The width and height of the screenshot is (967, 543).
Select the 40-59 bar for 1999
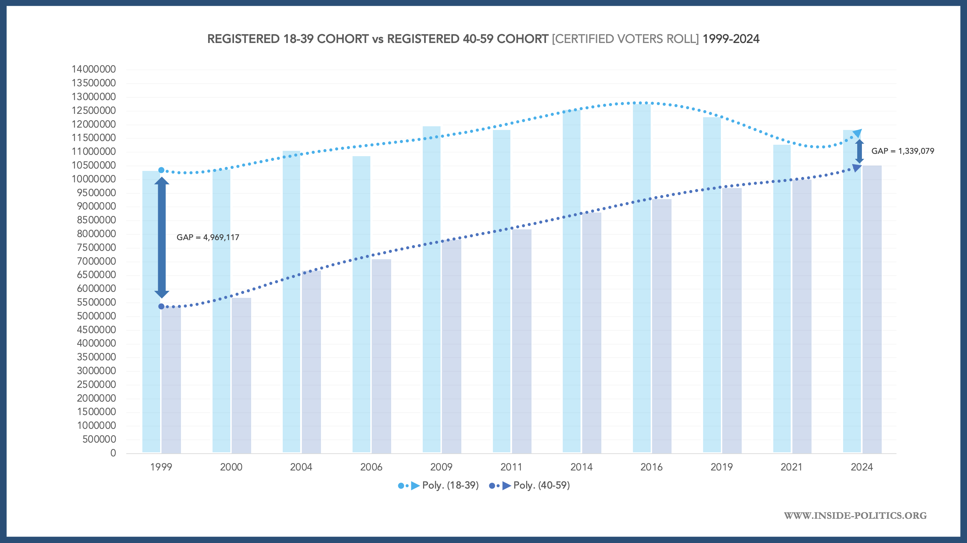point(171,379)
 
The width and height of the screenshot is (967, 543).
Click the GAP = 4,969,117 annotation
point(208,237)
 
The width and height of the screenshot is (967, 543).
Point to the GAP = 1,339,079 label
point(903,151)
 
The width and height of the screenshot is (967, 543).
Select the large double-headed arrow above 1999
point(162,237)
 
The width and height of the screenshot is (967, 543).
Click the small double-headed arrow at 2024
point(860,151)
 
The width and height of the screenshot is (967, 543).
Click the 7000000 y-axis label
point(96,261)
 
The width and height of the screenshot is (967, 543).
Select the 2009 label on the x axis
point(441,467)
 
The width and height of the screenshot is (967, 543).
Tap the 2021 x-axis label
point(791,467)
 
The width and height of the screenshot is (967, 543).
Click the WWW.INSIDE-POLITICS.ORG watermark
point(855,515)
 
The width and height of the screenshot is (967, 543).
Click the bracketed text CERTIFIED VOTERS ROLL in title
point(625,39)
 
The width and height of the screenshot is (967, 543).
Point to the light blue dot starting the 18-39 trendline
point(162,170)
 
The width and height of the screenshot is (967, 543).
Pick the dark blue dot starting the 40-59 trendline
point(162,306)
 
